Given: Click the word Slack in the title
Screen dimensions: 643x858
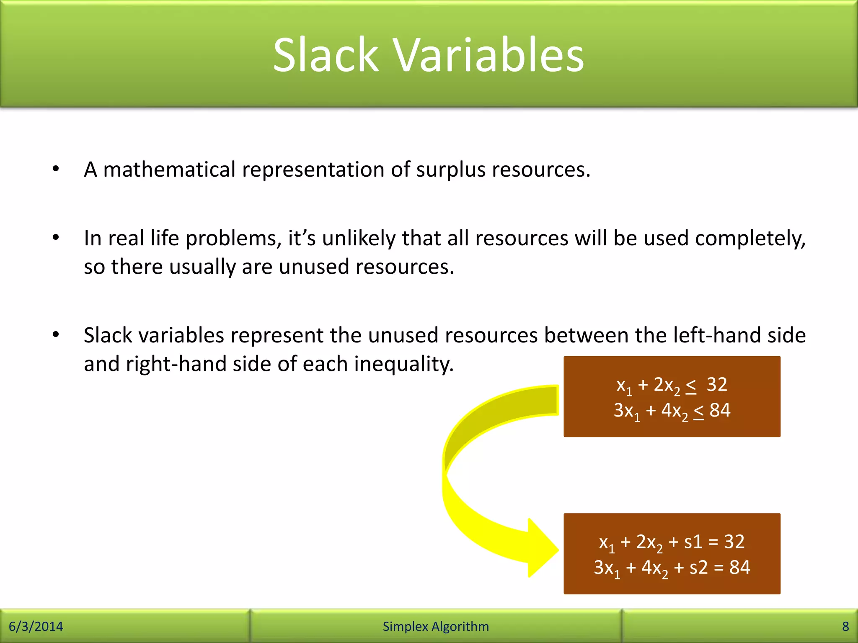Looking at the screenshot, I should coord(326,55).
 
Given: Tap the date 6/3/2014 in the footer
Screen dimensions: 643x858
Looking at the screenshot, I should coord(36,626).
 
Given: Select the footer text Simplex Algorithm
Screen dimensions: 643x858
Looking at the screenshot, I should coord(436,626).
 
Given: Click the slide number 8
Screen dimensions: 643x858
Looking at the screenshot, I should coord(845,626).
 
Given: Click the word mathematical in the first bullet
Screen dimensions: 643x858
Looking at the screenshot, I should coord(169,170).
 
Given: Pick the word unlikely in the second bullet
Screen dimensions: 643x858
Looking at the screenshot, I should coord(359,239).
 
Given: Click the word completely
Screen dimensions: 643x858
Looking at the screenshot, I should coord(750,239).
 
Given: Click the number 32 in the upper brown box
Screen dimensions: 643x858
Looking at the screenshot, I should coord(716,385).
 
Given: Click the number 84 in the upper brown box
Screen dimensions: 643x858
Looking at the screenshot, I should coord(720,410).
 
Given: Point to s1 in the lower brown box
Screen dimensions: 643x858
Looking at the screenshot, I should coord(693,542).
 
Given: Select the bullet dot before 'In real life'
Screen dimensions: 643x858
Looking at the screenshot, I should coord(56,238).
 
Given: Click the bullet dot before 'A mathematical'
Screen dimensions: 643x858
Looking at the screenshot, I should coord(56,169).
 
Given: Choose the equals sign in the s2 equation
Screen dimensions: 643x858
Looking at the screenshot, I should coord(718,568).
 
